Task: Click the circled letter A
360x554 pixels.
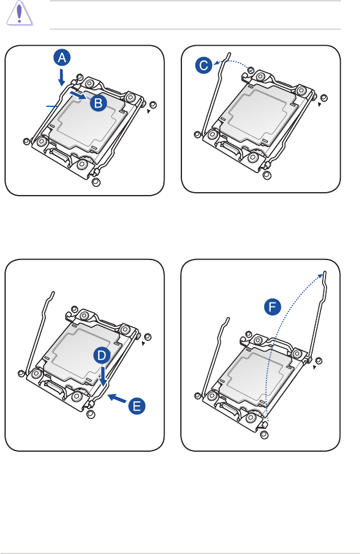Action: tap(63, 57)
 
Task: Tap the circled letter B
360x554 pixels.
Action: tap(98, 102)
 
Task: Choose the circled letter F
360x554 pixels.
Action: tap(273, 308)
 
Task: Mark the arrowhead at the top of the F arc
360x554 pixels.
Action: tap(324, 275)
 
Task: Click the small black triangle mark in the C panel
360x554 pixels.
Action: tap(319, 105)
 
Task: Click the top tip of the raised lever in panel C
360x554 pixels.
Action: tap(228, 55)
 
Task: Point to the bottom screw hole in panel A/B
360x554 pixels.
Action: tap(96, 182)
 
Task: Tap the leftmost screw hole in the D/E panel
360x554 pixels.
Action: tap(21, 373)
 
